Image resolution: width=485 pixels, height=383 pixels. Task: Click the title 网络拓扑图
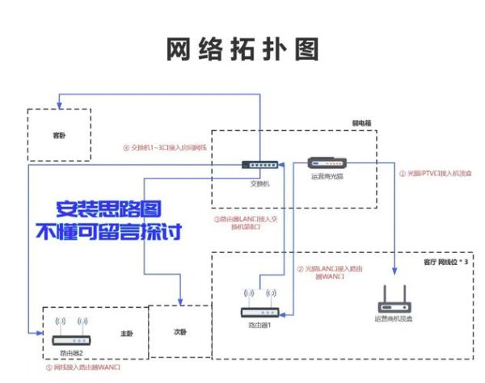[x=242, y=49]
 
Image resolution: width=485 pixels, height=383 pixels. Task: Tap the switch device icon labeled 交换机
[x=260, y=166]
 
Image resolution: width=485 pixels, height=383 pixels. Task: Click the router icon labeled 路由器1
[x=259, y=311]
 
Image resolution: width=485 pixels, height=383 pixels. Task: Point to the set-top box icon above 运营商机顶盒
[x=395, y=304]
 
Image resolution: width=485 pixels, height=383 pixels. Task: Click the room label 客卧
[x=59, y=136]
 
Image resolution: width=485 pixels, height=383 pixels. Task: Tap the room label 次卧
[x=179, y=332]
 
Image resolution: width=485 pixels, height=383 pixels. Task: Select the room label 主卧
[x=126, y=331]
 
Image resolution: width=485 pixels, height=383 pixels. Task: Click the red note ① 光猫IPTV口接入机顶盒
[x=433, y=172]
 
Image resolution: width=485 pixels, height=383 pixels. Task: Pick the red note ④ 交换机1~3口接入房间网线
[x=165, y=147]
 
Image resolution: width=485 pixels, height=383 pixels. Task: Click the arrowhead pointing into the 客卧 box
[x=60, y=104]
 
